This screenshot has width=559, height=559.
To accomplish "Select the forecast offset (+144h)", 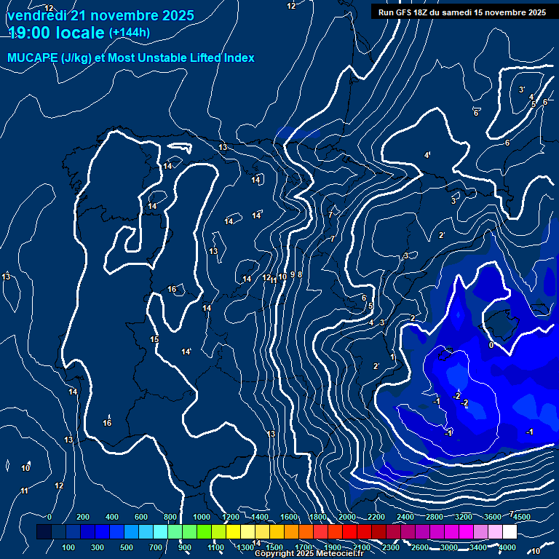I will pos(129,33).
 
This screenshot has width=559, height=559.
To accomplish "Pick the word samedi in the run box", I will pos(459,12).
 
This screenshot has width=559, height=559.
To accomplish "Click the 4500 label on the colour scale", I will pos(521,517).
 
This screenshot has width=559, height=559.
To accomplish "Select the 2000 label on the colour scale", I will pos(347,517).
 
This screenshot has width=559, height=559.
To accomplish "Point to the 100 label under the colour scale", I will pos(68,547).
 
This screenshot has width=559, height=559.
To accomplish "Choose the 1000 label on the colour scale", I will pos(202,517).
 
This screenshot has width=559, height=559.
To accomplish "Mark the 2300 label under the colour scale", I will pos(390,547).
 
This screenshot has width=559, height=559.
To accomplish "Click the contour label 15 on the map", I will pos(154,340).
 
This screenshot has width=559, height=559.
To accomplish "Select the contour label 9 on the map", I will pos(293,274).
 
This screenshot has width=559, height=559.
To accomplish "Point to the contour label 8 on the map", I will pos(299,274).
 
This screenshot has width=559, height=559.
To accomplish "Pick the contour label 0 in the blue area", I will pos(491,346).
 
